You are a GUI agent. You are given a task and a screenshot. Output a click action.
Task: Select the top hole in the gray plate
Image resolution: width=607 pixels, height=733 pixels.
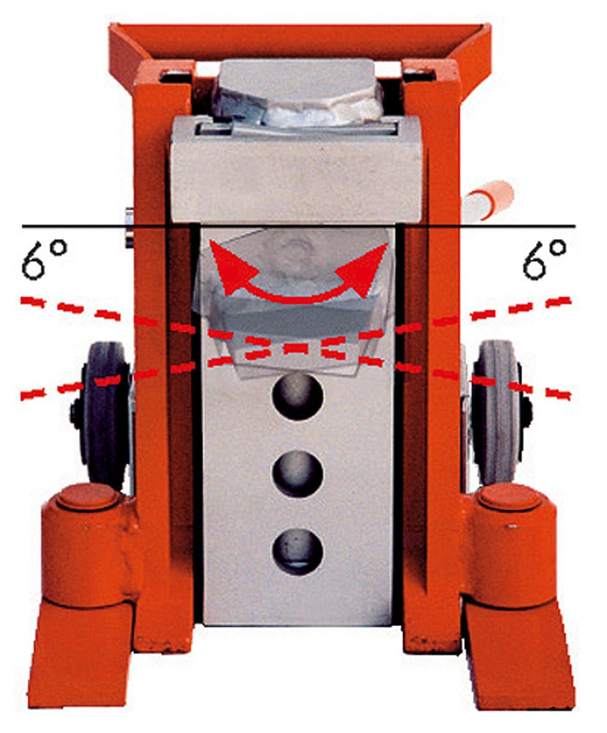[x=298, y=397]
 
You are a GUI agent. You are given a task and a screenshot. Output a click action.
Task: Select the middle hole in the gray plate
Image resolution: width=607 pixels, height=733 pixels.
[x=298, y=474]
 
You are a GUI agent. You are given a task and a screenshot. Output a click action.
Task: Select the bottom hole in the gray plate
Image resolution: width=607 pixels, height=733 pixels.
[x=298, y=552]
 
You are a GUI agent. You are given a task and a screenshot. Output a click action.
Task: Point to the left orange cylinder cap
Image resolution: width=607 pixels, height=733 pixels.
[x=87, y=499]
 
